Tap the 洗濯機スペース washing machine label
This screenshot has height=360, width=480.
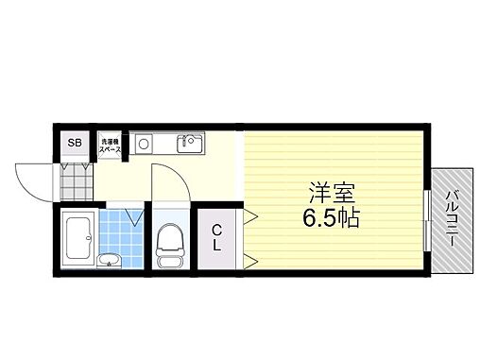[111, 145]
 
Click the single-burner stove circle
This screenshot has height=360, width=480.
[145, 145]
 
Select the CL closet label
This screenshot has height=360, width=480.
[216, 237]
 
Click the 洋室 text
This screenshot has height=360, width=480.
[328, 193]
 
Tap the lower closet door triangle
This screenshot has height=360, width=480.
[251, 256]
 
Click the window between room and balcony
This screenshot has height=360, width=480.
[426, 219]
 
